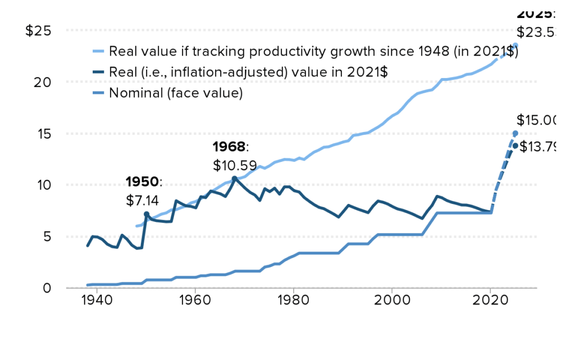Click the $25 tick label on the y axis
click(39, 30)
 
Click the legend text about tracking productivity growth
click(313, 52)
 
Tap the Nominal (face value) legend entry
click(176, 93)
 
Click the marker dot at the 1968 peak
click(235, 179)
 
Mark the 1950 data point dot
click(146, 214)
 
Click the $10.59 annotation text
click(235, 166)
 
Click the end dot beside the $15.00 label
click(515, 133)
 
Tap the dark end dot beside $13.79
click(515, 145)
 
